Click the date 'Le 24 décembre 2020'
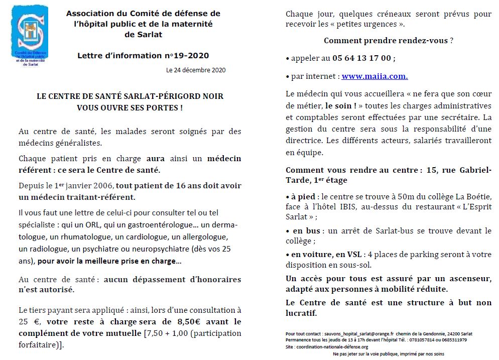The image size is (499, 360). pyautogui.click(x=196, y=70)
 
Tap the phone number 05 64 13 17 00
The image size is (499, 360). pyautogui.click(x=361, y=58)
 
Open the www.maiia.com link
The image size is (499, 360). pyautogui.click(x=375, y=76)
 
